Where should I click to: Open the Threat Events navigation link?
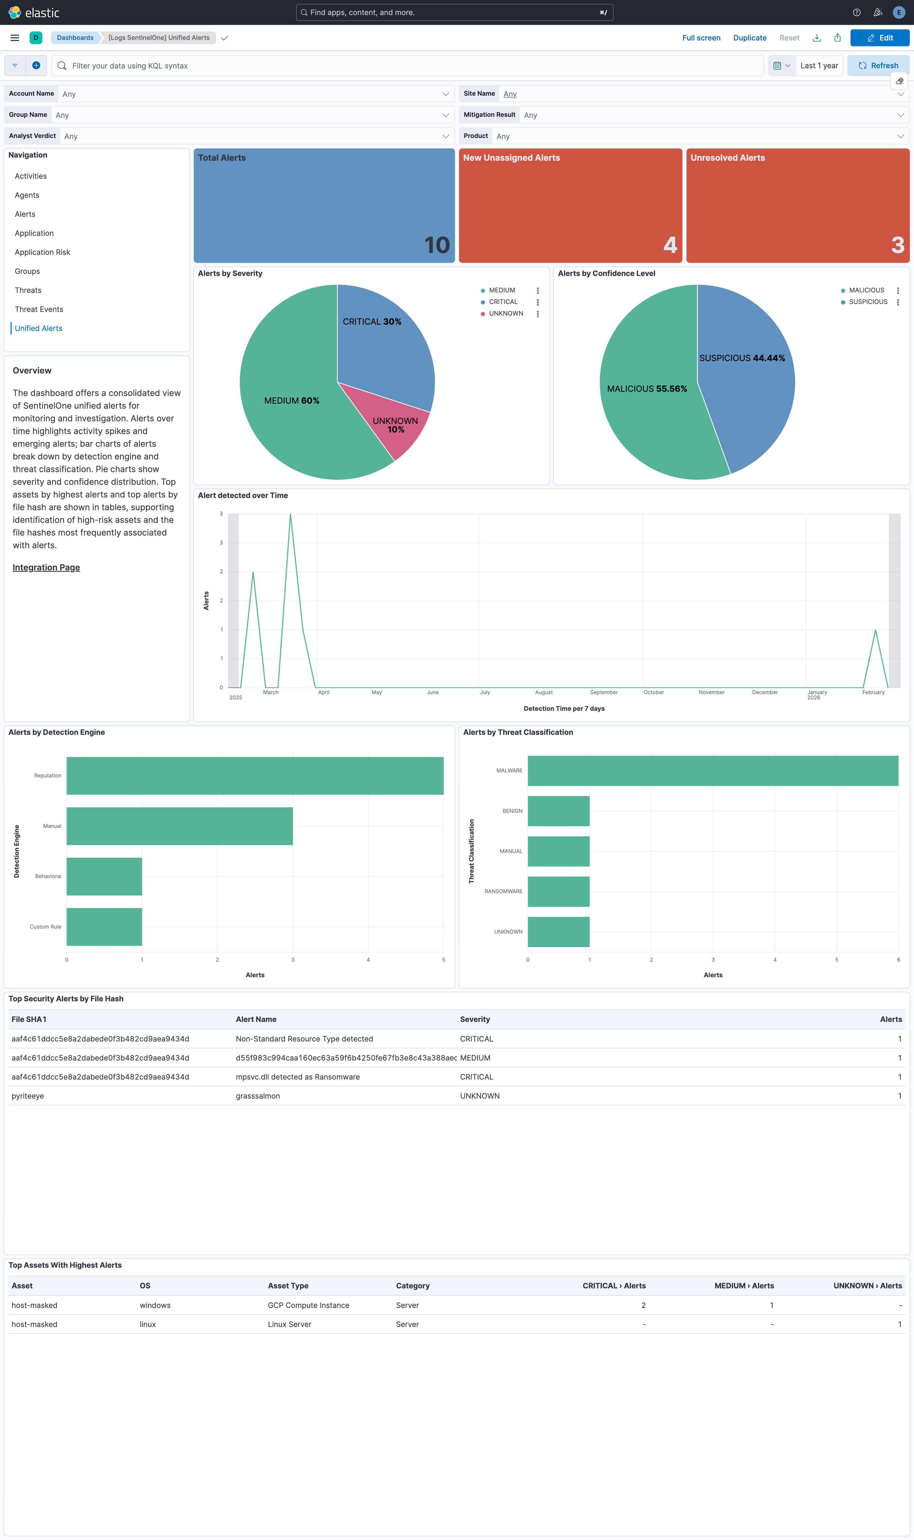[x=39, y=309]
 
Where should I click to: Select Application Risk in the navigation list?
[x=43, y=252]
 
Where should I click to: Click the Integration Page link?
[x=46, y=568]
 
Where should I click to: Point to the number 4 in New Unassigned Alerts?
[x=670, y=245]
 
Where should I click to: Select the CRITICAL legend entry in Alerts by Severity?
[x=502, y=302]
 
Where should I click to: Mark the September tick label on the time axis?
[x=604, y=693]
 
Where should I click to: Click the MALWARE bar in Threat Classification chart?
[x=712, y=771]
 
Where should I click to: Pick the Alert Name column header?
[x=255, y=1019]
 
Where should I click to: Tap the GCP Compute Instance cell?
[x=308, y=1305]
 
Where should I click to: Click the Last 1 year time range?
[x=819, y=66]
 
